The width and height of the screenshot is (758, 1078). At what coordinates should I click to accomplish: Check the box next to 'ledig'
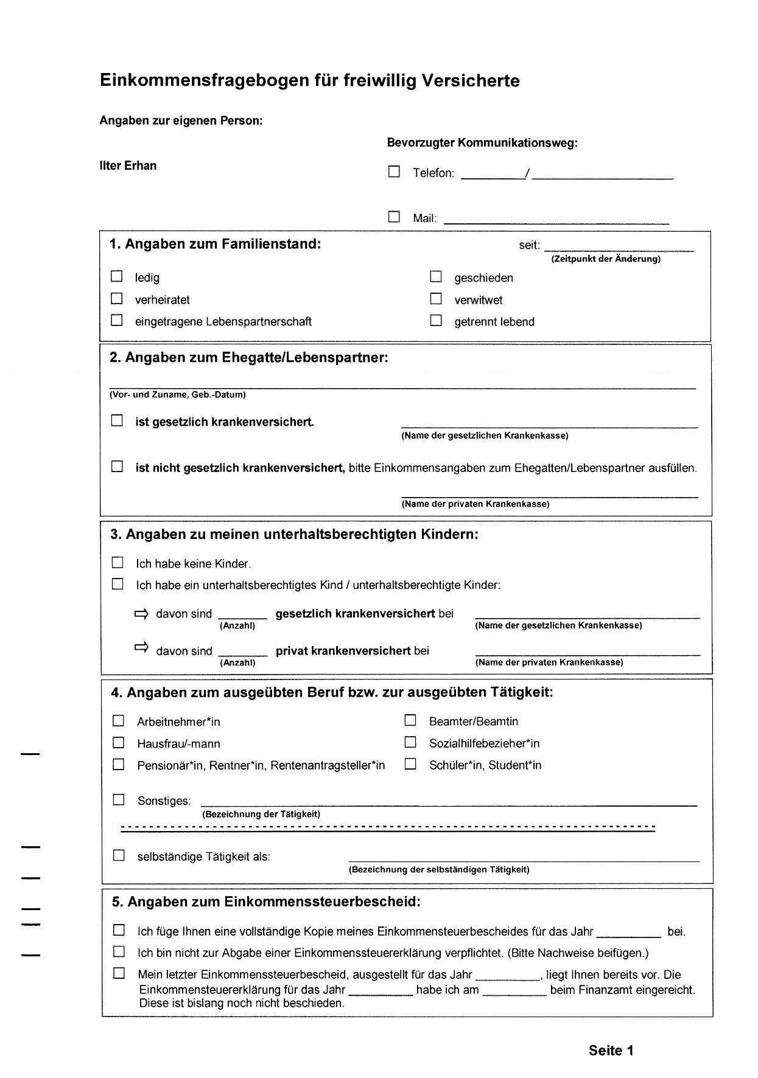point(116,276)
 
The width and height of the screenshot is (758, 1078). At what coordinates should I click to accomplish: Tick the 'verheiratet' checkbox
point(116,299)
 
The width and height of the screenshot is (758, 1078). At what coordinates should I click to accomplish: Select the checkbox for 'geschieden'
point(436,277)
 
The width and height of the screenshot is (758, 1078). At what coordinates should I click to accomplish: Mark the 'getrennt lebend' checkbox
point(436,321)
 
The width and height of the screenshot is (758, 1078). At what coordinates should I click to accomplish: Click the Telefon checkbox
point(395,172)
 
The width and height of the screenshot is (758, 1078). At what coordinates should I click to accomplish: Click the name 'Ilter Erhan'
point(128,165)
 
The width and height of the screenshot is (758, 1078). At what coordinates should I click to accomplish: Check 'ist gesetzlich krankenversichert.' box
point(117,420)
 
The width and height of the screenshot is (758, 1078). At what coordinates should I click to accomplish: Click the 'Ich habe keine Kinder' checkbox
point(118,563)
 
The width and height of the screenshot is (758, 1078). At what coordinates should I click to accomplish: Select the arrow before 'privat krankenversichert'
point(141,648)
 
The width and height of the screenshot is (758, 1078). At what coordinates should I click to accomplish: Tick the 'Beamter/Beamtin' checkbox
point(410,720)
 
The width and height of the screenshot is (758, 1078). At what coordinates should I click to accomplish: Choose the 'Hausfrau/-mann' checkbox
point(118,743)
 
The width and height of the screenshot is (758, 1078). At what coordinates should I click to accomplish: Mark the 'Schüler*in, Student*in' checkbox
point(410,764)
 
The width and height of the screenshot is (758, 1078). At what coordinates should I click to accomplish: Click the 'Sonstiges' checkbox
point(119,799)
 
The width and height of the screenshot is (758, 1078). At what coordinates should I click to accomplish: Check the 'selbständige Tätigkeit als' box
point(119,855)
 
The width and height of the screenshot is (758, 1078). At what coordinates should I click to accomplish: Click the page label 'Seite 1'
point(611,1051)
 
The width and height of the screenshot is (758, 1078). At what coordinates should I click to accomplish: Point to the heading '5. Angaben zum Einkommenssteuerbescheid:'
point(266,902)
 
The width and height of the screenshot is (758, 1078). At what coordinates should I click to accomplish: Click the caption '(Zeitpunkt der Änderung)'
point(606,259)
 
